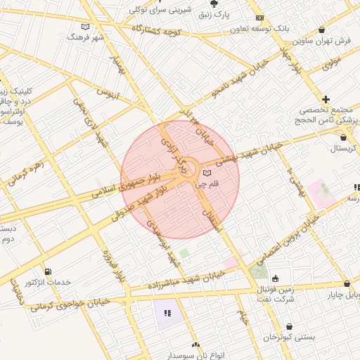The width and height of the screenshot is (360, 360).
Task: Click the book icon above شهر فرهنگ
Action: tap(85, 27)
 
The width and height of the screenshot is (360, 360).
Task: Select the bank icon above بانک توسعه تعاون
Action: tap(259, 18)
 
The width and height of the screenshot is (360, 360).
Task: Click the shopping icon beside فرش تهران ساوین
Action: tap(322, 30)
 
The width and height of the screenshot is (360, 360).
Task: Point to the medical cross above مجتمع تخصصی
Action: tap(326, 99)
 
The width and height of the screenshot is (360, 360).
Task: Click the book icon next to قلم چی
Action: tap(206, 172)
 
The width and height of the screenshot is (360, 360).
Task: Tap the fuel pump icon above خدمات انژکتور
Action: tap(47, 271)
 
